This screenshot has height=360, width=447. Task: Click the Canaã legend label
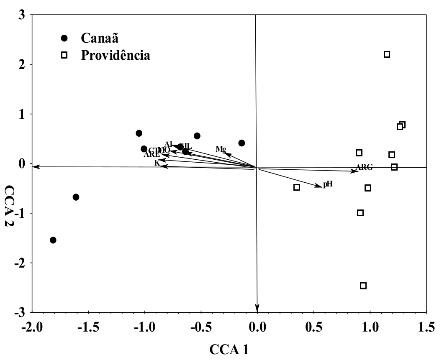point(100,38)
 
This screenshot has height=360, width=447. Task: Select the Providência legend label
point(116,55)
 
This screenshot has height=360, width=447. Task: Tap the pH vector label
point(327,184)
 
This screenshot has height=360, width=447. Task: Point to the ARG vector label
point(364,167)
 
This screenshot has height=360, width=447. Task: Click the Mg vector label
point(221,149)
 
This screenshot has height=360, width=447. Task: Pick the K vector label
point(157,162)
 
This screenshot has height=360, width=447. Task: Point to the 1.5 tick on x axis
point(426,327)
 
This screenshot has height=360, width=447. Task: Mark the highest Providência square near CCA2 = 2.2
point(387,54)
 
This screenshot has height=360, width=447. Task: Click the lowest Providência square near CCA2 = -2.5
point(363,286)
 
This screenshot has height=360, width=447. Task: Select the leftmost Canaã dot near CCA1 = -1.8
point(53,240)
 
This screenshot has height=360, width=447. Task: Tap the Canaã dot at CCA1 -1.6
point(76,197)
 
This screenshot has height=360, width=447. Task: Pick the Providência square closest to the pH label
point(297,187)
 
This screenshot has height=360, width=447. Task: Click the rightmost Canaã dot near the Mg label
point(241,143)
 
